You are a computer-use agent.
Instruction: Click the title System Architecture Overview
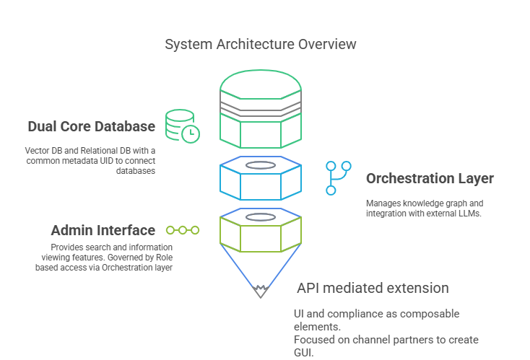coord(260,44)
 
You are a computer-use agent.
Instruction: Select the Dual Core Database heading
coord(91,126)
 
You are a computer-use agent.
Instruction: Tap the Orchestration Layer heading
coord(430,179)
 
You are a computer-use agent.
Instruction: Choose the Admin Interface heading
coord(103,230)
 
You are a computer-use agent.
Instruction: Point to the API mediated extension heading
coord(373,288)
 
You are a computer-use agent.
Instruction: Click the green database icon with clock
coord(182,126)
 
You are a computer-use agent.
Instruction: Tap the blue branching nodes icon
coord(338,178)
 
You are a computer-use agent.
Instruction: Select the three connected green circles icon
coord(183,230)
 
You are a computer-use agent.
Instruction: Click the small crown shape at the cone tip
coord(260,291)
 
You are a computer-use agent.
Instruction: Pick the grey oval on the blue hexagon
coord(261,165)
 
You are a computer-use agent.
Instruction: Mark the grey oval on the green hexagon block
coord(261,217)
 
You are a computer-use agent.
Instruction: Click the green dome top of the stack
coord(261,84)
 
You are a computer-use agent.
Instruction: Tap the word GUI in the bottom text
coord(303,353)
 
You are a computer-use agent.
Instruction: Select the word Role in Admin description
coord(164,258)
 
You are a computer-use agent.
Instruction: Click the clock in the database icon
coord(191,134)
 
